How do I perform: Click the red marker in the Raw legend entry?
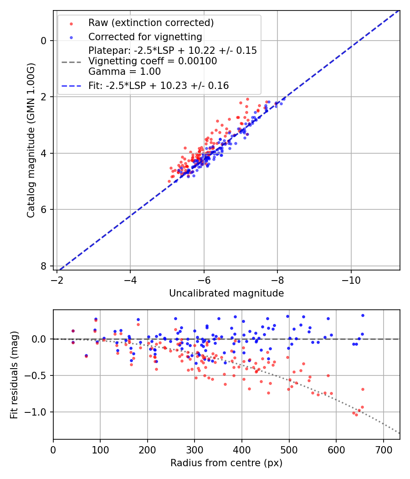[x=71, y=23]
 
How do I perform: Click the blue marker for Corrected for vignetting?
[x=71, y=36]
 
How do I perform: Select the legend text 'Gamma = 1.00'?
[x=124, y=71]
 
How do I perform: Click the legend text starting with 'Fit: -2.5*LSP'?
[x=159, y=85]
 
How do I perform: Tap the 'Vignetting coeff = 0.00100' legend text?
[x=153, y=61]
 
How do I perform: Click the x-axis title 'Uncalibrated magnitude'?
[x=226, y=293]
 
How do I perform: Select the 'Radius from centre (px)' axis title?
[x=226, y=463]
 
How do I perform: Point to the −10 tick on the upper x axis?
[x=351, y=279]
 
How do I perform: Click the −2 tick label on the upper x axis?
[x=57, y=279]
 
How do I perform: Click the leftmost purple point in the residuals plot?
[x=73, y=331]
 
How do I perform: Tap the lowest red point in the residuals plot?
[x=356, y=415]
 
